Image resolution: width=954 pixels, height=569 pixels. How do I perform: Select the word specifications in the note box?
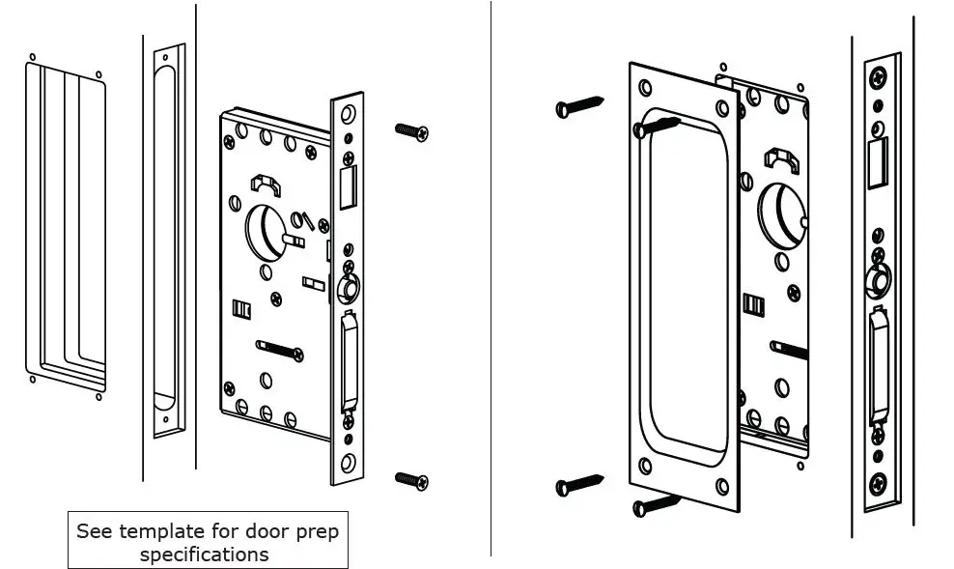204,555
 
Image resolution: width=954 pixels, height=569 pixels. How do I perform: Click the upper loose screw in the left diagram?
411,132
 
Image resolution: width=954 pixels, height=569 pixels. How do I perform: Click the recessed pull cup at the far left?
64,227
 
